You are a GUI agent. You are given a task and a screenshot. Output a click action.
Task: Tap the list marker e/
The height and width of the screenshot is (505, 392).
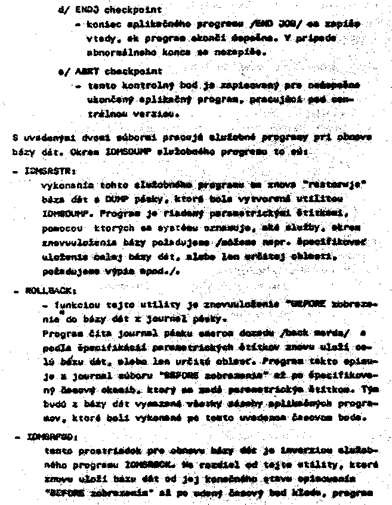coord(61,71)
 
